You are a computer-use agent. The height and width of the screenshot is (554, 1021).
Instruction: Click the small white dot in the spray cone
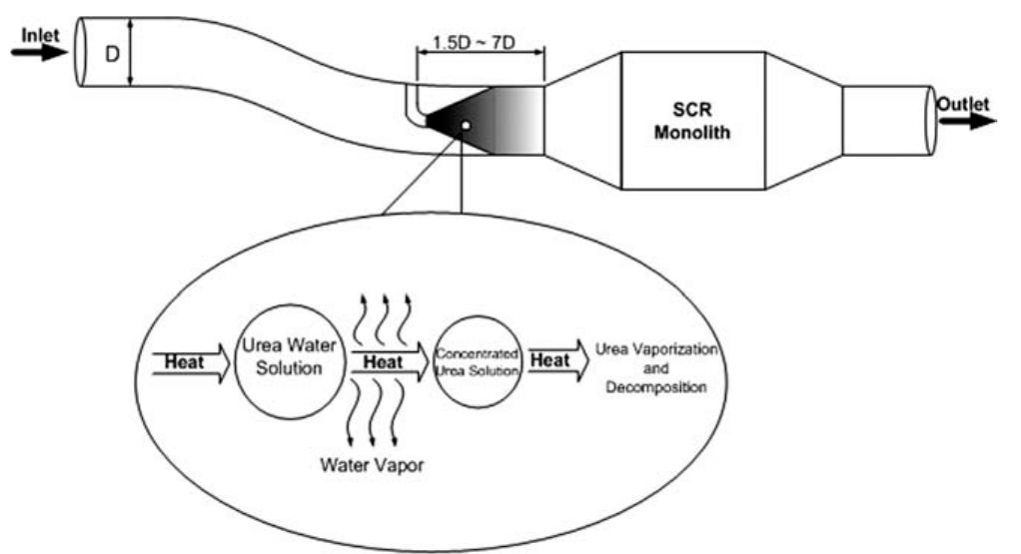[466, 126]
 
